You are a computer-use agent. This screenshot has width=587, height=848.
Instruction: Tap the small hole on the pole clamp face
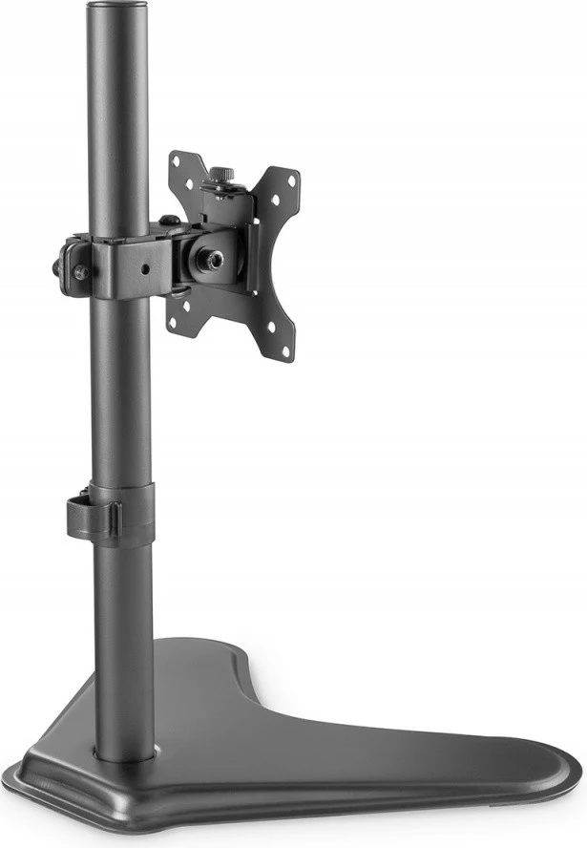pos(144,268)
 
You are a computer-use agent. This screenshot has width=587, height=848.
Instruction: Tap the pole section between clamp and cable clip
pos(120,401)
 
